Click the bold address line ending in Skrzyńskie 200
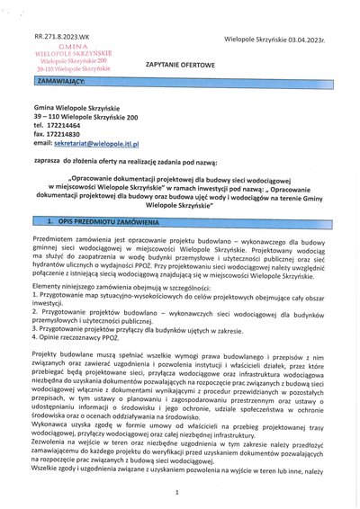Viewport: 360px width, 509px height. [85, 116]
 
